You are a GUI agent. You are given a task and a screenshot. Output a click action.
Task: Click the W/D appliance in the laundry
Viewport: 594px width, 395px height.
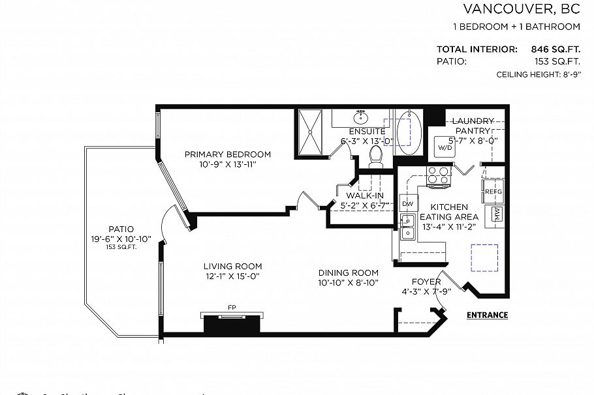[x=445, y=148]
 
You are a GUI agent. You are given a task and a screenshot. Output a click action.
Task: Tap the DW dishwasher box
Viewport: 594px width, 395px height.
[x=407, y=204]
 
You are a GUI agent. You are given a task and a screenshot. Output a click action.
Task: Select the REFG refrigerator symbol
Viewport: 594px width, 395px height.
[x=493, y=192]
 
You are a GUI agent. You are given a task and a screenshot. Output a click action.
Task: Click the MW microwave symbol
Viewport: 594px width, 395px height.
[x=497, y=214]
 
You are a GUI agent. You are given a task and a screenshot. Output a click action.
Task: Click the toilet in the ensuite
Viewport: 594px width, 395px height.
[x=375, y=156]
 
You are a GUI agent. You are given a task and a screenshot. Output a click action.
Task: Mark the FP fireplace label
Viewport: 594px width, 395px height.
[x=232, y=307]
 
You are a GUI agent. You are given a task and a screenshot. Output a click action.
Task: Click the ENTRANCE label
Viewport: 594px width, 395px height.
[x=487, y=315]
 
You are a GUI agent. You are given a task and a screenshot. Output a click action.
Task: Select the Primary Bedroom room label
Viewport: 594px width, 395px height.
[x=227, y=154]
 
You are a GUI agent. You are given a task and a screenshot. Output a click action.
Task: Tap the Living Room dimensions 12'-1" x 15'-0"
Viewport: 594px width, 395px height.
[x=232, y=276]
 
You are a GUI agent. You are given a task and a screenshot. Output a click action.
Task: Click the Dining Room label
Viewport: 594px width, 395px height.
[x=349, y=272]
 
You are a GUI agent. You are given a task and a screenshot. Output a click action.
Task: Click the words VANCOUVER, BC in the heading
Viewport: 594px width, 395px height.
[x=522, y=9]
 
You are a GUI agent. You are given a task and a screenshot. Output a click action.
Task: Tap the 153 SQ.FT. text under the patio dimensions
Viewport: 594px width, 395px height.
[x=121, y=248]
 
